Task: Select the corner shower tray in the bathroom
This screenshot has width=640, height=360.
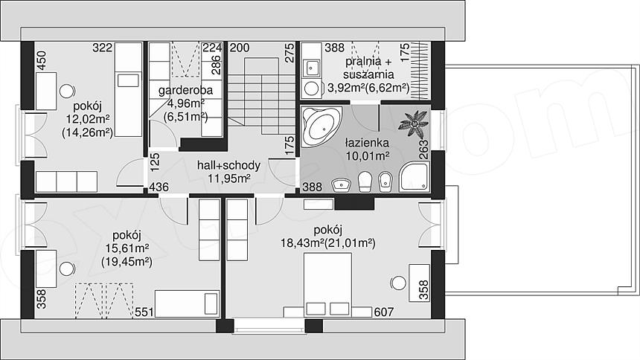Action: point(414,176)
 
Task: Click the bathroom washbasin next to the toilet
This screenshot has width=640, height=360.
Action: point(342,185)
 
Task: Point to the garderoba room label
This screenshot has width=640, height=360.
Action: point(185,90)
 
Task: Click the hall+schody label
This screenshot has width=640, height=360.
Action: point(228,165)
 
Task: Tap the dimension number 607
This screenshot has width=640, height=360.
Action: point(384,312)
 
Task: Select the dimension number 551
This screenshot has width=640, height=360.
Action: point(144,312)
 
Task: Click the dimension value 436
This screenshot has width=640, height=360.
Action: point(159,187)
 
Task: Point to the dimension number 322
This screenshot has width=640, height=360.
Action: point(103,48)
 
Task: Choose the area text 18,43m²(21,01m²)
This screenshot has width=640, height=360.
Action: point(327,243)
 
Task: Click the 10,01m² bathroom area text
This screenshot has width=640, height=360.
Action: point(368,155)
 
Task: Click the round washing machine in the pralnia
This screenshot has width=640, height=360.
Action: point(313,89)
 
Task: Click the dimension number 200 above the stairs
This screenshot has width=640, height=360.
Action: point(240,48)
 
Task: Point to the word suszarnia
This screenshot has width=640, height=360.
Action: point(368,74)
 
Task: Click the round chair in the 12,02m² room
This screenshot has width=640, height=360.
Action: point(67,91)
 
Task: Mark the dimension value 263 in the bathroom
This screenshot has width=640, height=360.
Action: point(423,150)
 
